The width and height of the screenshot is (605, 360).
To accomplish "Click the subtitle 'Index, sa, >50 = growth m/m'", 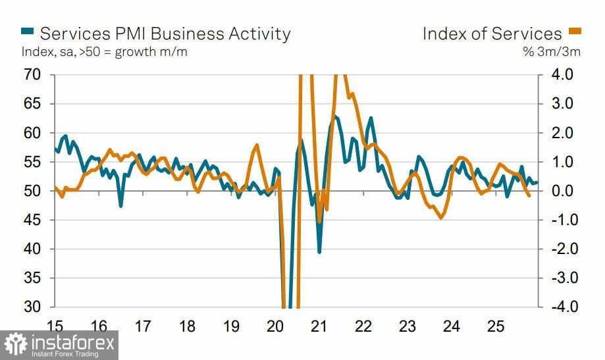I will coord(104,52).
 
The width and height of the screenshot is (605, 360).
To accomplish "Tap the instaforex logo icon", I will coord(16,344).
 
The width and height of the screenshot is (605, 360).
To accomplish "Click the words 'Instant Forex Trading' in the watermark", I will coord(65,354).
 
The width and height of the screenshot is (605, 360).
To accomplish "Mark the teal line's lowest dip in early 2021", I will coord(319,251).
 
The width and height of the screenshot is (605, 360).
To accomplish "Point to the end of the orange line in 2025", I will coord(530,195).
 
